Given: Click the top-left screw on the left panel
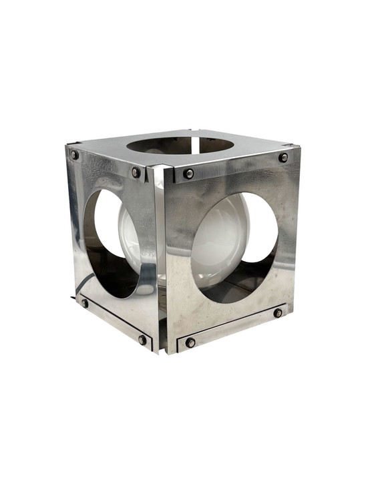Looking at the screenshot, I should (x=75, y=155).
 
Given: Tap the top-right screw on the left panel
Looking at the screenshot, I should (x=136, y=172).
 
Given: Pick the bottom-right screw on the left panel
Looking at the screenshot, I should (x=142, y=339).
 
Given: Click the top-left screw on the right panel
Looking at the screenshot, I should (x=189, y=174).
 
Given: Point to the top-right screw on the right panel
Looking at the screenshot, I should (x=284, y=158).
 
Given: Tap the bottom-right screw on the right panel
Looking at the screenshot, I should (x=278, y=312).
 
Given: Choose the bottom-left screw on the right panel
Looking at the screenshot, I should (x=190, y=342).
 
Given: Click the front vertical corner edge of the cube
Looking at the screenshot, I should (x=158, y=267).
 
